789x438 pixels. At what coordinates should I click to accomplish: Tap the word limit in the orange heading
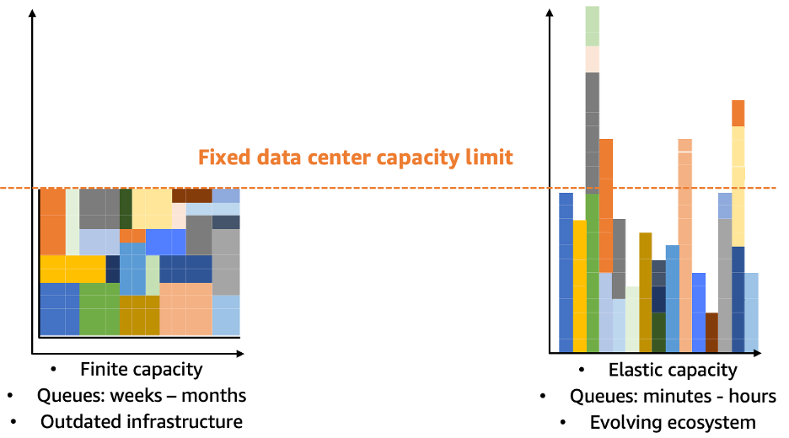[x=488, y=158]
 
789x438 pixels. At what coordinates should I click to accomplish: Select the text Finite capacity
[x=141, y=369]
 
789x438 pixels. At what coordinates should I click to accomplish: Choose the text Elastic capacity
[x=672, y=370]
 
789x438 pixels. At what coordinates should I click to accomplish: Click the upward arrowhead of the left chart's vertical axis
[x=32, y=13]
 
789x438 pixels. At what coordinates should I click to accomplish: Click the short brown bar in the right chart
[x=711, y=333]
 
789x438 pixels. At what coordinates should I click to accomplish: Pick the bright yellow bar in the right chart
[x=579, y=286]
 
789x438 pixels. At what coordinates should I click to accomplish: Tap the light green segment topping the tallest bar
[x=593, y=25]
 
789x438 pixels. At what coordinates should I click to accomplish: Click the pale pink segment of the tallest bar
[x=593, y=59]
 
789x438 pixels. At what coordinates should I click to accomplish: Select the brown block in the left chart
[x=191, y=195]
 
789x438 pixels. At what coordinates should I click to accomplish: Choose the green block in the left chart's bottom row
[x=99, y=309]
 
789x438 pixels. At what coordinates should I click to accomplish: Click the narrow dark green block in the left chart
[x=126, y=202]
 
